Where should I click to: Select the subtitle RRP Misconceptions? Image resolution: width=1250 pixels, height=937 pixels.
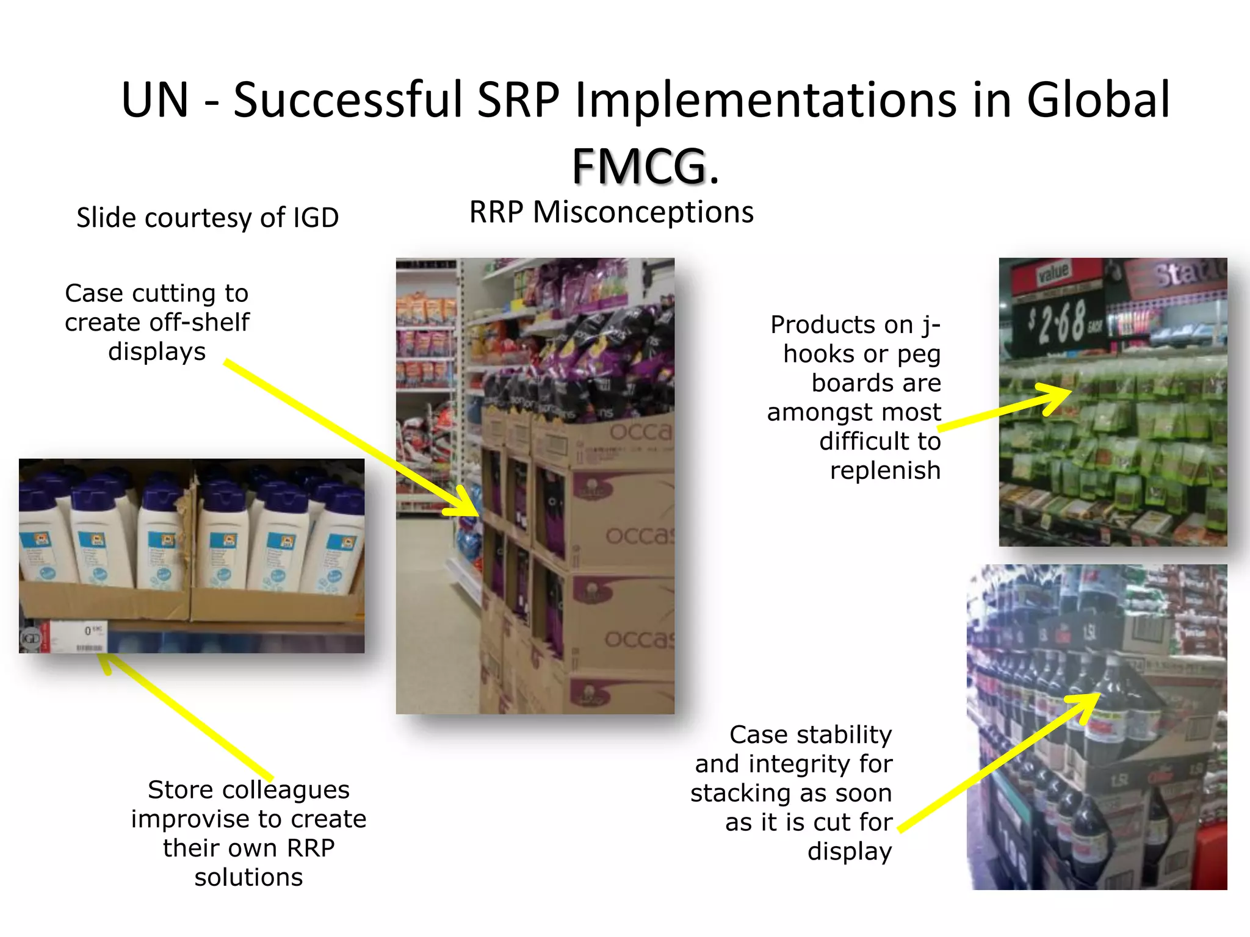611,212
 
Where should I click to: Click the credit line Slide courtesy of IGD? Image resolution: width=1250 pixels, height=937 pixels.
208,218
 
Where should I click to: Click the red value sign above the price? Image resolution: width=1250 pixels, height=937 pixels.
1053,273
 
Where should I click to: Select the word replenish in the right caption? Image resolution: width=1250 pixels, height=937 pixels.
885,470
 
